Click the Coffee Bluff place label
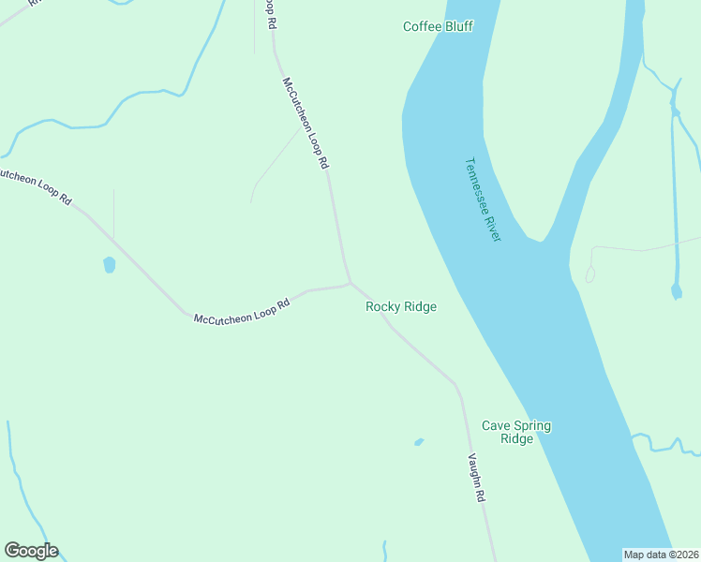[438, 26]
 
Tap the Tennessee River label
[484, 199]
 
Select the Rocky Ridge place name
[401, 306]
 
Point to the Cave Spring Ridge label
[516, 432]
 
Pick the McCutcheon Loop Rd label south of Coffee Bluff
[306, 123]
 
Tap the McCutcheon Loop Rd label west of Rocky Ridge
[240, 312]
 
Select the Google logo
[31, 551]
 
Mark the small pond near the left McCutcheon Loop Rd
[109, 264]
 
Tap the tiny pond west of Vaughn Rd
[419, 441]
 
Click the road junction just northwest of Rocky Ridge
[350, 282]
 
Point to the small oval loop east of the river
[589, 274]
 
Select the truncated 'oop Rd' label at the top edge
[270, 12]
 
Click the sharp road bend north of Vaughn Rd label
[456, 385]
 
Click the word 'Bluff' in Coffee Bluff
[457, 26]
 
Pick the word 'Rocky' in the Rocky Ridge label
[382, 306]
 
